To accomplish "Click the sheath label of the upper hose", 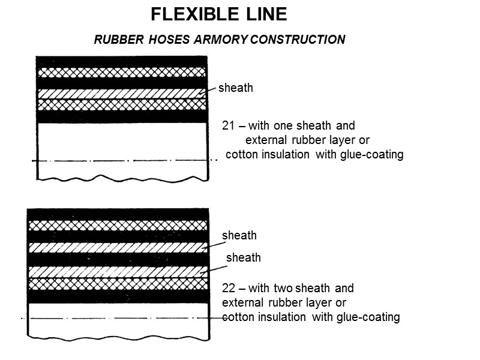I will click(235, 88).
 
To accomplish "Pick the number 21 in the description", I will click(227, 126).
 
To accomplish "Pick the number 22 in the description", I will click(228, 288).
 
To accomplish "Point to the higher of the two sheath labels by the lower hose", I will click(239, 236).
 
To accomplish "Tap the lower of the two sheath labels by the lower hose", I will click(243, 258).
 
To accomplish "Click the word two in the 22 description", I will click(285, 288).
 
